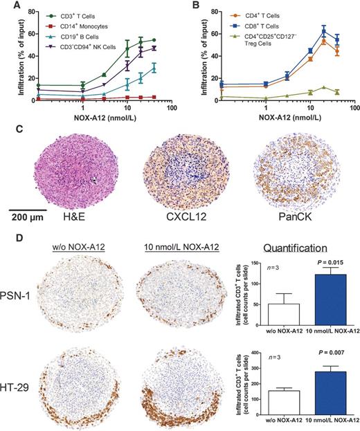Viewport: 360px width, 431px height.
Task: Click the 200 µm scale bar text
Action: tap(24, 214)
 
